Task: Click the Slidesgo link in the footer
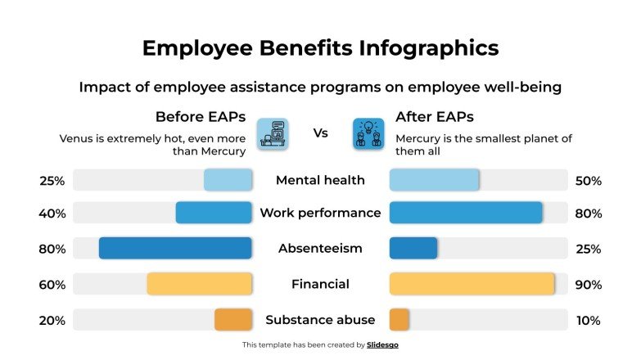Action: [x=382, y=345]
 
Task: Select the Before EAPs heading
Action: [x=201, y=116]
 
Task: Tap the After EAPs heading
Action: [x=435, y=116]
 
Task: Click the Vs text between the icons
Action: [x=321, y=133]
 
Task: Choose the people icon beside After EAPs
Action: [x=368, y=133]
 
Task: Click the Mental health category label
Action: [x=320, y=180]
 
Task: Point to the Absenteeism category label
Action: [x=320, y=248]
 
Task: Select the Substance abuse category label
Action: [x=320, y=320]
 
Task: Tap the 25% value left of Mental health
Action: [x=52, y=181]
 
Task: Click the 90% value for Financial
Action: [x=589, y=285]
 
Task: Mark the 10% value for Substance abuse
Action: [x=589, y=321]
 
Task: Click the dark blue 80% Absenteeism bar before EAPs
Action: [x=175, y=248]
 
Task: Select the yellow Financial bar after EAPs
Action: [x=472, y=284]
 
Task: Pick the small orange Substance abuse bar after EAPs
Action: [x=399, y=320]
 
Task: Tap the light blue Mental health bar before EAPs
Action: [x=228, y=180]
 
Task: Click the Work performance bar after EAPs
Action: [x=465, y=213]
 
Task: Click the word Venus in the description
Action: [x=77, y=138]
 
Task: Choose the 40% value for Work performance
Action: [x=52, y=214]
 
